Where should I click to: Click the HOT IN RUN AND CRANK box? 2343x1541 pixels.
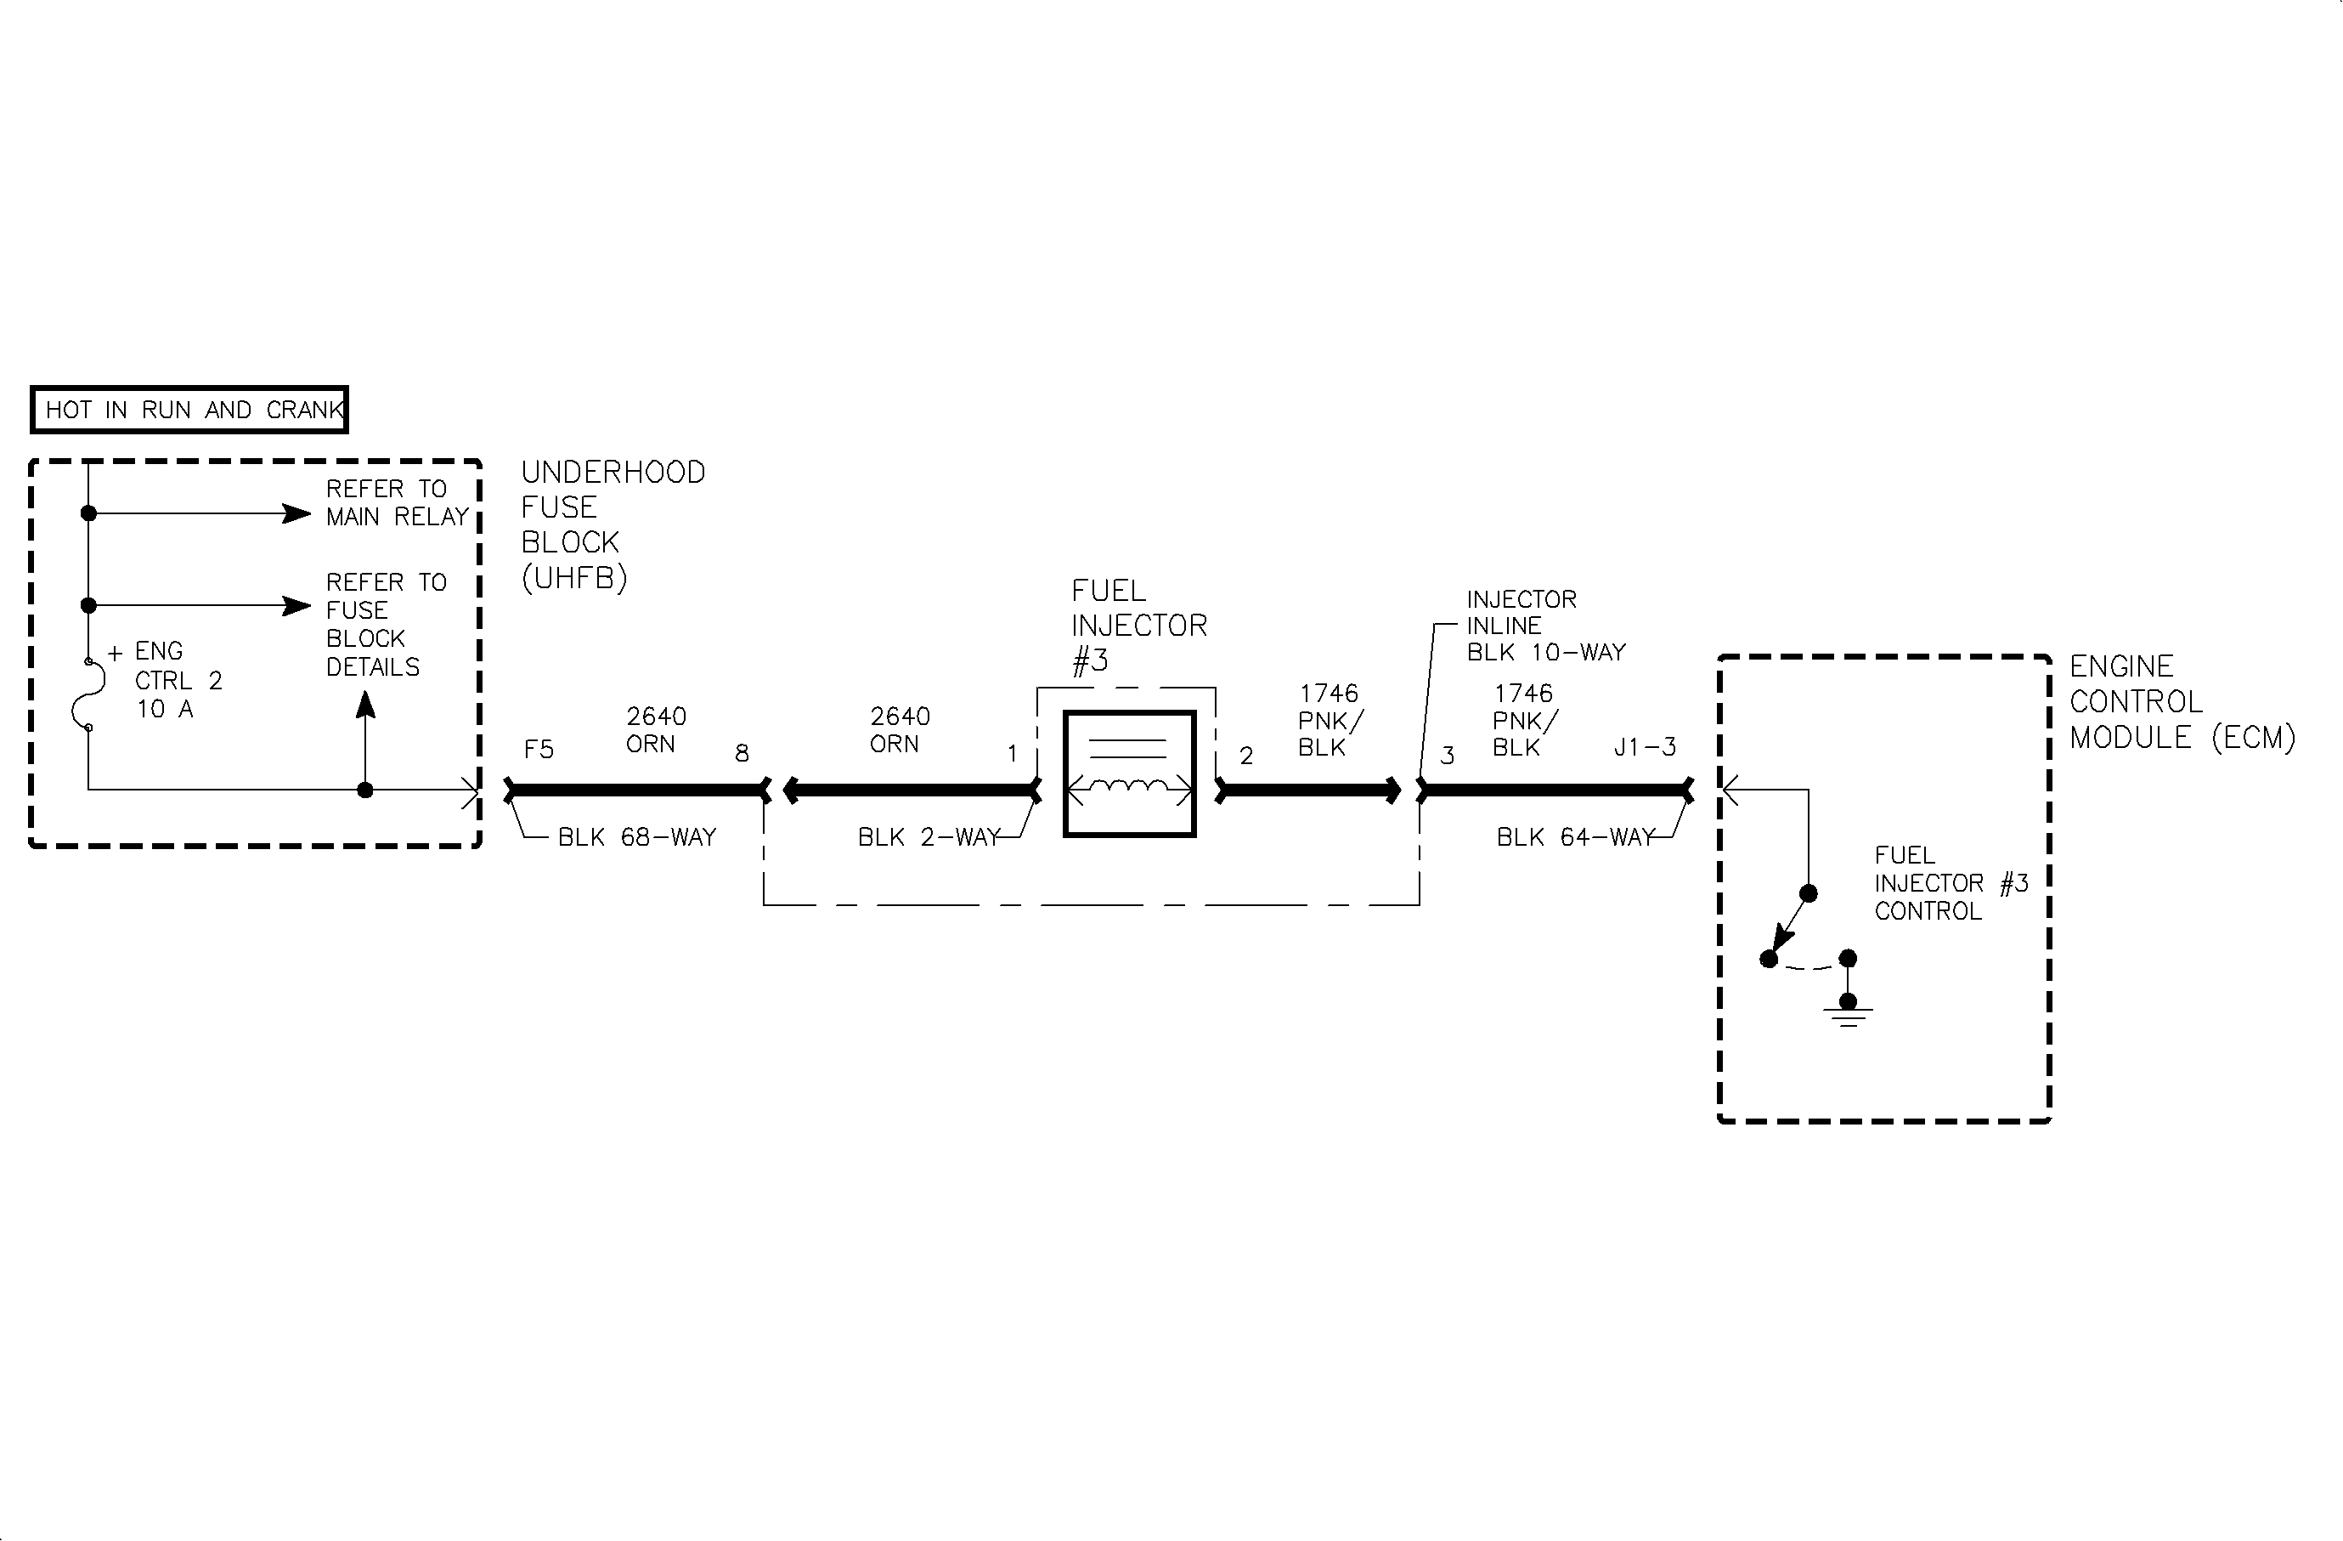click(x=189, y=410)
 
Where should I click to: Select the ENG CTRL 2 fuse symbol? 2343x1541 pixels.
click(x=89, y=695)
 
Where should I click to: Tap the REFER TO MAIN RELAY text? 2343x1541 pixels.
click(x=396, y=503)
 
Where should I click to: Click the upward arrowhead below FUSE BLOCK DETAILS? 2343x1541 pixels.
click(x=365, y=705)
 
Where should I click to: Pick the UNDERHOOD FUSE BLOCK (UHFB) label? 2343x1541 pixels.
click(x=613, y=524)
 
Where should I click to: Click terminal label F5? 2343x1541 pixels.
click(x=539, y=751)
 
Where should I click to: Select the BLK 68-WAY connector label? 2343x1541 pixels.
click(x=636, y=837)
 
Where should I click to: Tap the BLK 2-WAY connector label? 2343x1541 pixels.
click(x=929, y=837)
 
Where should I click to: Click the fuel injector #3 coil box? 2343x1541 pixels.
click(x=1129, y=774)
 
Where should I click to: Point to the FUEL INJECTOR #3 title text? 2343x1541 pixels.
click(x=1138, y=626)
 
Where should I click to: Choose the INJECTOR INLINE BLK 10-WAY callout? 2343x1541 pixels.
click(x=1544, y=626)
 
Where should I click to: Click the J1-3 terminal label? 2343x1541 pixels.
click(x=1644, y=747)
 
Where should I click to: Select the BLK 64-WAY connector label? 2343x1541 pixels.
click(x=1574, y=837)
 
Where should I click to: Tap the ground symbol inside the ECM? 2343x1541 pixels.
click(x=1848, y=1013)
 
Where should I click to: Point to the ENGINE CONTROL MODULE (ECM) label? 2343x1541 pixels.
click(x=2181, y=702)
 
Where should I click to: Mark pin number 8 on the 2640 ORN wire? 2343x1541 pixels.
click(x=742, y=754)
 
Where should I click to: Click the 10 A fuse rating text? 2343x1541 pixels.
click(x=165, y=709)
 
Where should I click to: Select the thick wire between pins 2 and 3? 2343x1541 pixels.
click(x=1309, y=790)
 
